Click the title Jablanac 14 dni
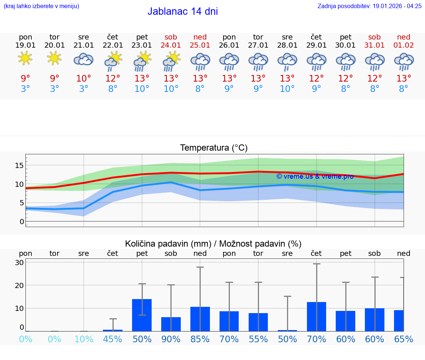point(183,11)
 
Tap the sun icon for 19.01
point(25,58)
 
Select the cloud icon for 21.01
point(83,59)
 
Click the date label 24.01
point(171,45)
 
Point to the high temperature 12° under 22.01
point(113,79)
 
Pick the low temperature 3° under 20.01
point(54,89)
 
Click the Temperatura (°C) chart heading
point(214,148)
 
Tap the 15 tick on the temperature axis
point(19,165)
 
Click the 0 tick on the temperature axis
point(22,222)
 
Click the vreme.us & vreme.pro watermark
point(315,176)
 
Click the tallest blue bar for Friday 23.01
point(142,315)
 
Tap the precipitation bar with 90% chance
point(171,324)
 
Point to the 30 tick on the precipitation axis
point(19,263)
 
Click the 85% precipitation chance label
point(200,339)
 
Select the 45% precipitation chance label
point(113,339)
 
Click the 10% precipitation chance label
point(84,339)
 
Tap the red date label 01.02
point(404,45)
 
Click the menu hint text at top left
point(41,6)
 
